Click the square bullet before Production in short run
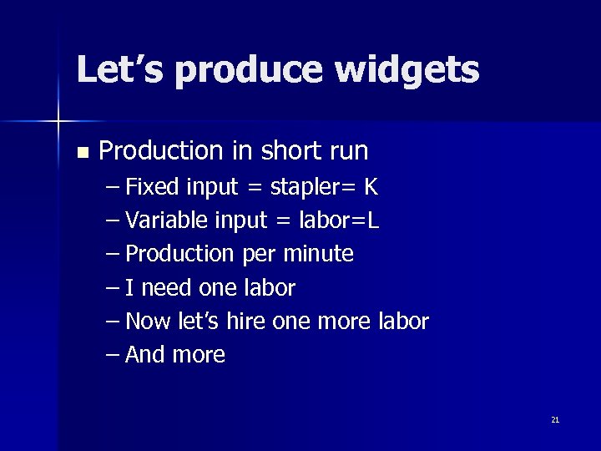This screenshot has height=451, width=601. [x=81, y=153]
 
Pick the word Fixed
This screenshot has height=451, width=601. [x=152, y=187]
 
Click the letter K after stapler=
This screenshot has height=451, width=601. [x=371, y=187]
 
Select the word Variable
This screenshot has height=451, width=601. [x=166, y=220]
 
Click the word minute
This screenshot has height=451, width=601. [x=318, y=254]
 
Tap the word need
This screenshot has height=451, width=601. [x=168, y=288]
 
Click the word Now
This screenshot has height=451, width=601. [x=148, y=322]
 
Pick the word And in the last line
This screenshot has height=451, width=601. [x=145, y=355]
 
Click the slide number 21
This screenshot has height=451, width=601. [x=555, y=419]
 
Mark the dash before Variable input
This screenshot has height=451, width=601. [x=114, y=220]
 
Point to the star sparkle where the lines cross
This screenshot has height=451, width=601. [x=58, y=122]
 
